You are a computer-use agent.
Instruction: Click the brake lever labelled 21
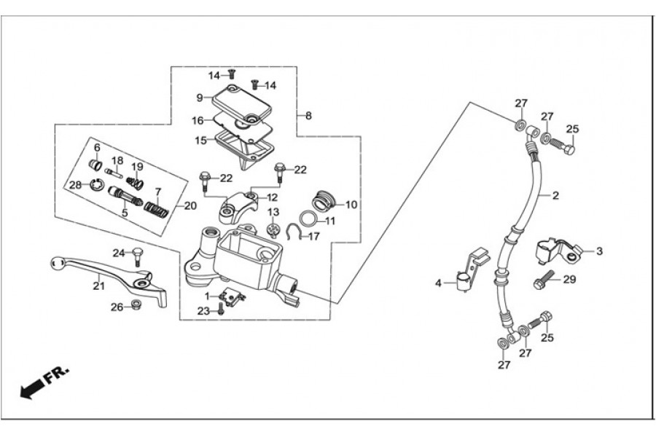click(109, 274)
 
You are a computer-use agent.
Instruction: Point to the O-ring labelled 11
click(308, 220)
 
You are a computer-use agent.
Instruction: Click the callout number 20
click(190, 206)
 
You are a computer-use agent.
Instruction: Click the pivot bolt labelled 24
click(136, 254)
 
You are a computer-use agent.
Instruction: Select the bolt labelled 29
click(546, 278)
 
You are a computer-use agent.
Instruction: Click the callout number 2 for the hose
click(555, 196)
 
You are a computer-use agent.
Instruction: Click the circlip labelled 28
click(95, 188)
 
